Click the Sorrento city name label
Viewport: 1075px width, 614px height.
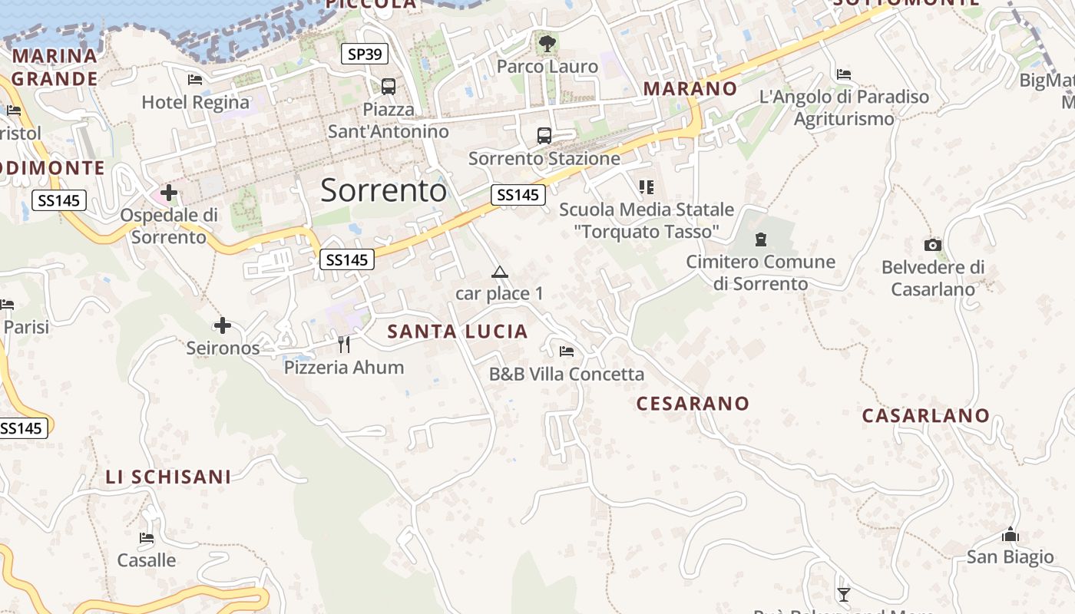tap(383, 190)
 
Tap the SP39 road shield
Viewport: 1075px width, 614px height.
tap(365, 54)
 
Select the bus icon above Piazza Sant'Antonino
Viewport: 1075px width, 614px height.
tap(389, 86)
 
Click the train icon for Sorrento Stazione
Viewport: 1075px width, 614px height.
tap(544, 136)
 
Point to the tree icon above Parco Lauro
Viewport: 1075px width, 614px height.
tap(547, 44)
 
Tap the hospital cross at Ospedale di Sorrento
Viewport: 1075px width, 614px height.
tap(169, 193)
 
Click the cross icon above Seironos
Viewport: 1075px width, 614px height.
tap(223, 325)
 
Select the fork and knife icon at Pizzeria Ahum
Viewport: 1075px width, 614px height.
tap(344, 345)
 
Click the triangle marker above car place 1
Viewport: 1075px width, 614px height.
tap(500, 272)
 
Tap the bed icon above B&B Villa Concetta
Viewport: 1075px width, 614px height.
tap(567, 352)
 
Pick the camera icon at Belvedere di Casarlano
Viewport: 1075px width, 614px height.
tap(933, 245)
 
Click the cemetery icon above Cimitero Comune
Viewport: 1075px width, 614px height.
tap(761, 239)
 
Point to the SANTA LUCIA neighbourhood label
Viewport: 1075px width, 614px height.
tap(458, 332)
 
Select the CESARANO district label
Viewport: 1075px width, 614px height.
tap(693, 404)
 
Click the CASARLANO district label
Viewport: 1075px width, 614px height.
tap(926, 416)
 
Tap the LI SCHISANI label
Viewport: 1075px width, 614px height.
tap(168, 477)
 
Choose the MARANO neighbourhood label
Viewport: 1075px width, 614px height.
tap(690, 88)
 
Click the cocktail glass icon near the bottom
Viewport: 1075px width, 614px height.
tap(844, 594)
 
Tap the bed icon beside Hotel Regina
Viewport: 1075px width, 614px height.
tap(195, 79)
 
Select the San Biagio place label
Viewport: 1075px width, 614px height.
tap(1010, 557)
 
